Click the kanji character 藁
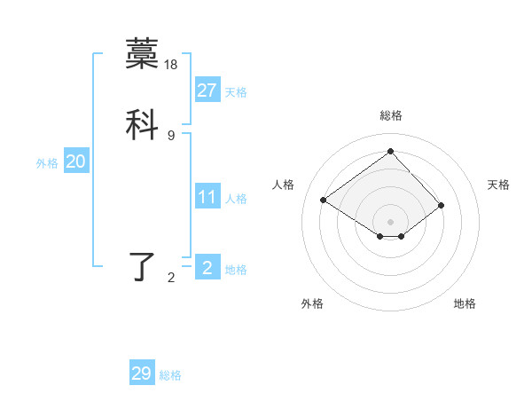click(142, 54)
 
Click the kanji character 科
click(142, 123)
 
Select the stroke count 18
click(172, 65)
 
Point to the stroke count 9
click(171, 135)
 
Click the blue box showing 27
click(207, 90)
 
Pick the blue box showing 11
click(207, 197)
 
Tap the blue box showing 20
click(75, 161)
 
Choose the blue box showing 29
click(142, 374)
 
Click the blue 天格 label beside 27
click(236, 92)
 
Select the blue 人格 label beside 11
click(236, 199)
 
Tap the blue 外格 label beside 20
click(47, 163)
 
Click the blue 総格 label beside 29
click(171, 375)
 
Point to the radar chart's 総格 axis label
click(390, 115)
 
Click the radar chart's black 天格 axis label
click(499, 185)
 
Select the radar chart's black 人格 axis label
click(283, 185)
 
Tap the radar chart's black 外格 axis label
click(312, 303)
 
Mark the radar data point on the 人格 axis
click(324, 200)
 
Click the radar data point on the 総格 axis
click(390, 151)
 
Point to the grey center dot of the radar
click(390, 221)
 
